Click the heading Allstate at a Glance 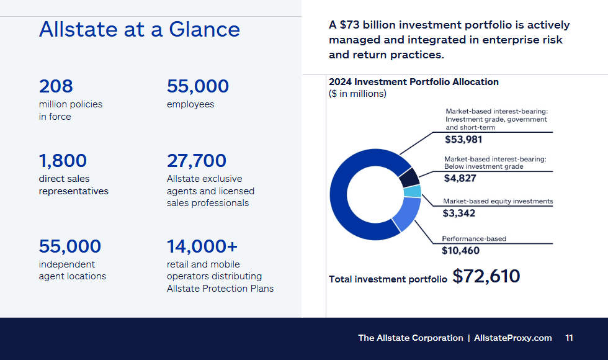[140, 29]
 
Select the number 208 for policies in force [56, 86]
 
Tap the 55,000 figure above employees [198, 86]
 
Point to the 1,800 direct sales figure [63, 161]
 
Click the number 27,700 [197, 161]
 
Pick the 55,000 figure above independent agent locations [69, 246]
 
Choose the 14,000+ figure [202, 246]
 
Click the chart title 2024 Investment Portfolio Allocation [414, 82]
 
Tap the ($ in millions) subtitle [357, 94]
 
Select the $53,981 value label [463, 140]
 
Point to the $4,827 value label [460, 179]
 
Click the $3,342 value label [458, 214]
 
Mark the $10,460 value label [460, 251]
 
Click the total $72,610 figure [486, 276]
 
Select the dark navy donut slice [409, 178]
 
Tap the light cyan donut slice [413, 191]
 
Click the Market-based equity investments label [498, 201]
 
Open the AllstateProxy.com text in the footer [513, 338]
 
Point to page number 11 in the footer [569, 338]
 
